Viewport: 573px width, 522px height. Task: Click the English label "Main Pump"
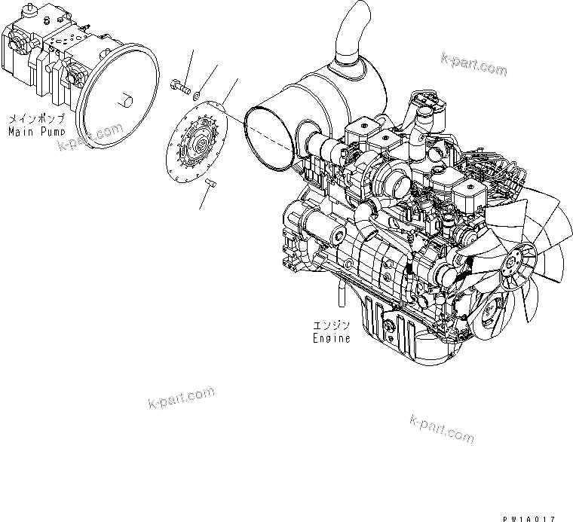(x=37, y=131)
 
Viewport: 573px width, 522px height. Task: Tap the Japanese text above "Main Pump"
(x=37, y=119)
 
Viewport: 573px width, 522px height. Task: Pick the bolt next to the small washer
(x=179, y=87)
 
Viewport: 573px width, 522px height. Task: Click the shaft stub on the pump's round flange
(x=126, y=99)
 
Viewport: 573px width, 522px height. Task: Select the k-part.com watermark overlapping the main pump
(x=91, y=136)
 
